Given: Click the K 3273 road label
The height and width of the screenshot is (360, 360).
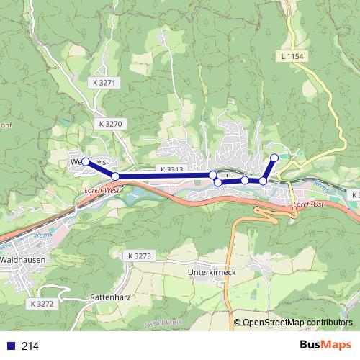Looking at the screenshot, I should (140, 256).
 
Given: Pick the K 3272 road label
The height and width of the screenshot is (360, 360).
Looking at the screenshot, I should (43, 305).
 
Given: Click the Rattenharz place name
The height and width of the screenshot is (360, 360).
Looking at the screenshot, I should (109, 297).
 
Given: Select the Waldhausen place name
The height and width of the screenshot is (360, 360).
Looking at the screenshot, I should (24, 258).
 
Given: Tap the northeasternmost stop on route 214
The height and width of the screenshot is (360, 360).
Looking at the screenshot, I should (274, 158).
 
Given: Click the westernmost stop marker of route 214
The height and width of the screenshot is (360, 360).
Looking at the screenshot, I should (85, 162).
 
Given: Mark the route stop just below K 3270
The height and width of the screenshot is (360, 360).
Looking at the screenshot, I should (115, 176).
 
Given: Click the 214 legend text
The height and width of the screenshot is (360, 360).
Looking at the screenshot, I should (30, 346).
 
